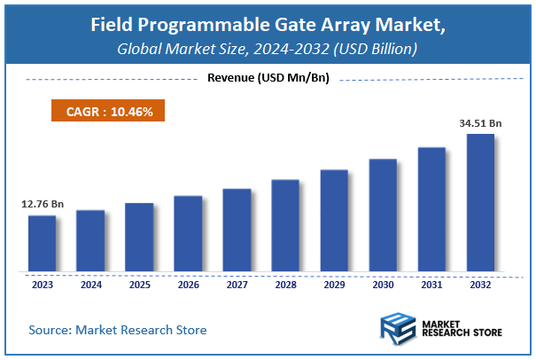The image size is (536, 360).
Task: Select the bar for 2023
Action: [42, 243]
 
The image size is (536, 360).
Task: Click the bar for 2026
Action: [188, 233]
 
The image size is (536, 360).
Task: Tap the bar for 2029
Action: [334, 220]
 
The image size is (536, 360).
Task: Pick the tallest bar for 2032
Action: [480, 202]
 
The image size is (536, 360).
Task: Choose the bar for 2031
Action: [431, 209]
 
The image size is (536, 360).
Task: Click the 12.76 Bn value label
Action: [42, 205]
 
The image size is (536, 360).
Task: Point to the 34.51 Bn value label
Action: [480, 123]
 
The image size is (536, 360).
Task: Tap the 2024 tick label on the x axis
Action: [90, 284]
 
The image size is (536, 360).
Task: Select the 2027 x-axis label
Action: [237, 284]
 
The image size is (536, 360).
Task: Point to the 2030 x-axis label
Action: [383, 284]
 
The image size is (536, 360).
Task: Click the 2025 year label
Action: [139, 284]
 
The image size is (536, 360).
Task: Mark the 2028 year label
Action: [285, 284]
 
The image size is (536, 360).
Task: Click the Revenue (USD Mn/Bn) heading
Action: [268, 78]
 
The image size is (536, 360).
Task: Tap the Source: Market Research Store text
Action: [118, 330]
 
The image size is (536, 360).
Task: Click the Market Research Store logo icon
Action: [398, 328]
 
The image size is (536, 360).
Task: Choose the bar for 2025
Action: [139, 237]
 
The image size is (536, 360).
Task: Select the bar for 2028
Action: [285, 225]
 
